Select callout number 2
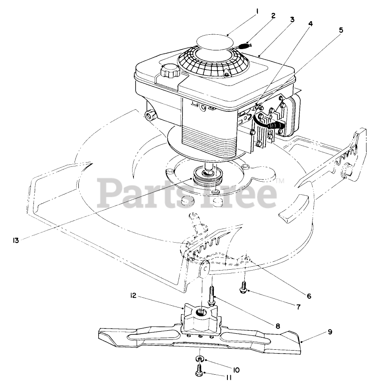point(273,16)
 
